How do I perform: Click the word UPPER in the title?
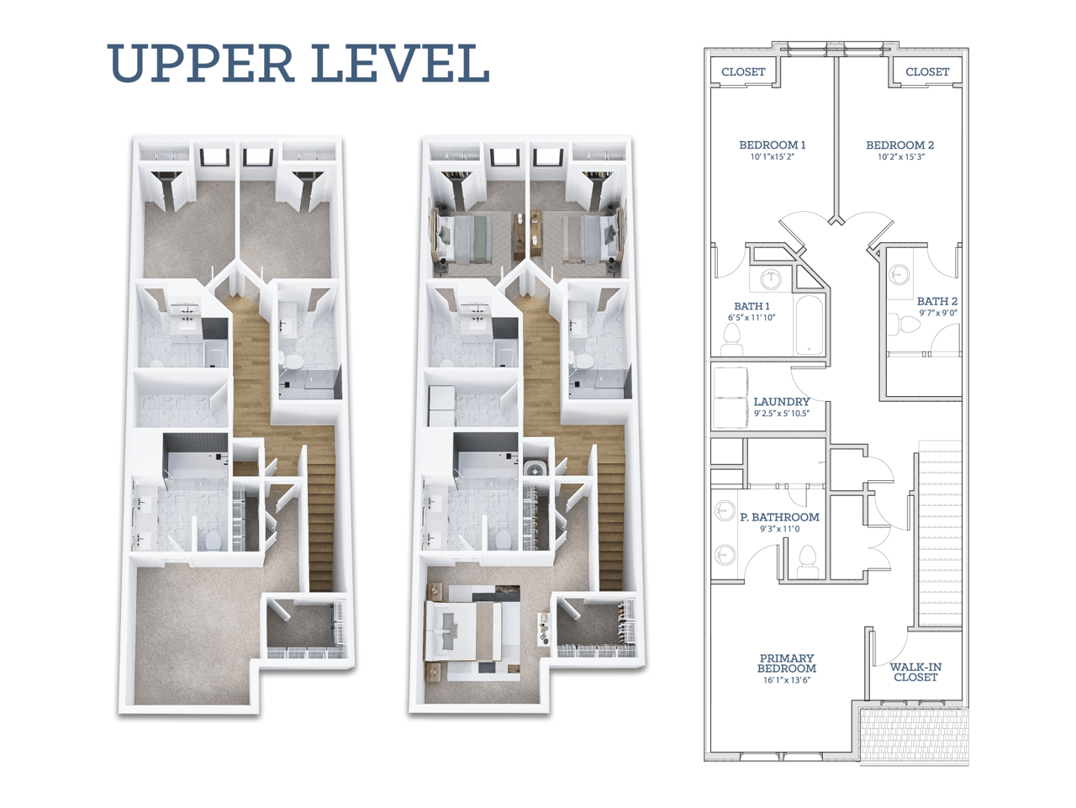click(x=200, y=64)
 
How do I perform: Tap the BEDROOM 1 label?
click(x=772, y=145)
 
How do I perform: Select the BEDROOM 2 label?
click(x=899, y=145)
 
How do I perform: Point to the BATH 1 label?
click(x=752, y=306)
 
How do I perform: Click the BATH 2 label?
click(x=936, y=301)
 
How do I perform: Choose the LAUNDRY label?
click(x=781, y=402)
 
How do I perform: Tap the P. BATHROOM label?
click(x=779, y=517)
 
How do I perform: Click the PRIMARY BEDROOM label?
click(x=786, y=663)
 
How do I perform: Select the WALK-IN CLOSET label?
click(x=915, y=672)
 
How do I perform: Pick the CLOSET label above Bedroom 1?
click(x=743, y=72)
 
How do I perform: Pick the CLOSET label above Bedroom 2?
click(x=926, y=72)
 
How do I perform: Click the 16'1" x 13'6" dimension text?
click(x=786, y=680)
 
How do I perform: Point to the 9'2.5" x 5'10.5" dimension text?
click(x=781, y=414)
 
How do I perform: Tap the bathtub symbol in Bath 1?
click(x=810, y=325)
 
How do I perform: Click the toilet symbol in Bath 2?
click(x=900, y=324)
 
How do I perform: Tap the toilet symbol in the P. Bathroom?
click(x=807, y=559)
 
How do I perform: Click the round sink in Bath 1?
click(x=770, y=278)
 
